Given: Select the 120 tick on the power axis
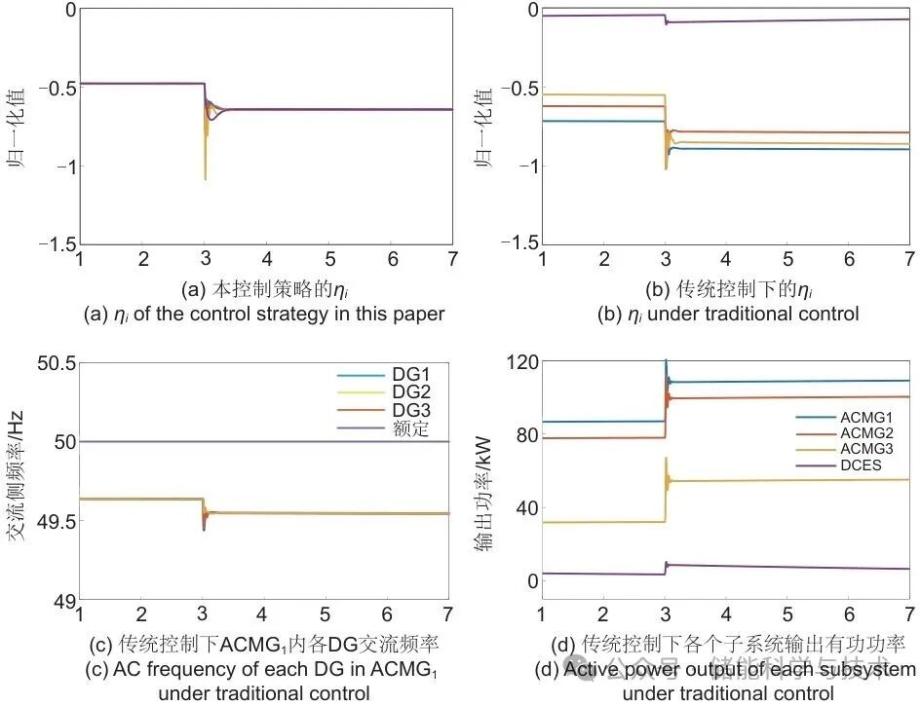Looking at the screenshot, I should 522,363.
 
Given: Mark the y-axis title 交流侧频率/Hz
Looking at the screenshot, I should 17,481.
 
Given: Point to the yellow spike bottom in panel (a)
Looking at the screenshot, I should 205,177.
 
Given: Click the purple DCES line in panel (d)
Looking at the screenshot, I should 780,567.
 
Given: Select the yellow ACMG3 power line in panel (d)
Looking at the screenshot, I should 780,480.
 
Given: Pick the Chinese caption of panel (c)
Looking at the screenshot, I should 263,644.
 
